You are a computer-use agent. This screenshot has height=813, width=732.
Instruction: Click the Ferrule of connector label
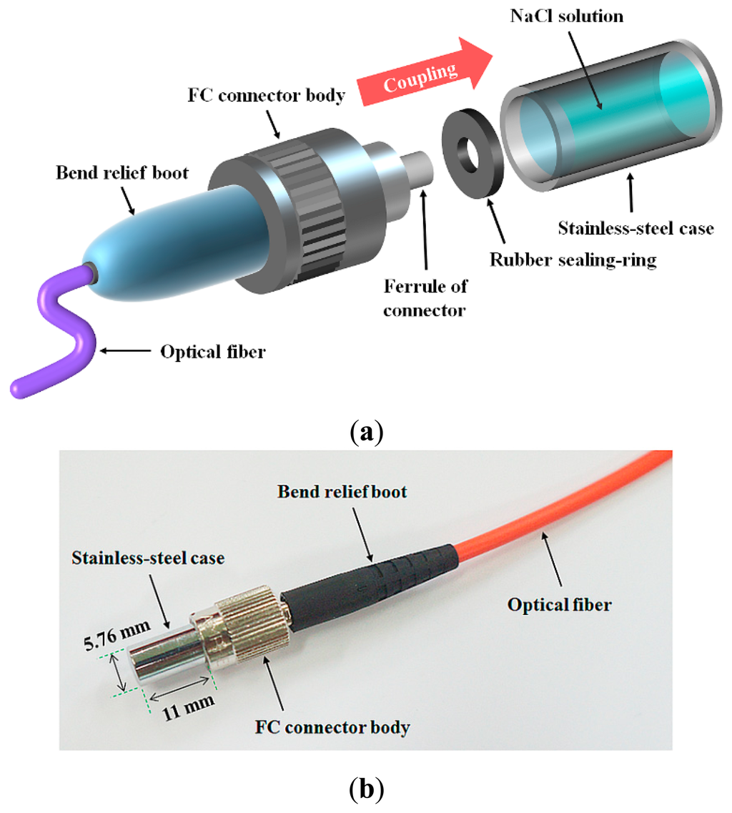426,296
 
